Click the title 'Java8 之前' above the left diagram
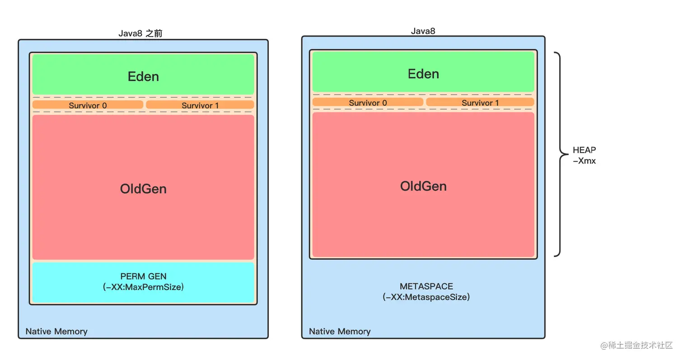point(140,33)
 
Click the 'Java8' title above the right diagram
point(423,31)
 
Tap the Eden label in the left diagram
point(143,76)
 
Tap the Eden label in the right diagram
point(424,74)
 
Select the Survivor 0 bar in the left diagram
point(88,105)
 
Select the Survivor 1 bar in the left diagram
point(200,105)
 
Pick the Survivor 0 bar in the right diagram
point(368,103)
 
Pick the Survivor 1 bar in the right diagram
point(480,103)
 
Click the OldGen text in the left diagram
point(143,189)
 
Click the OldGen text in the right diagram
point(424,186)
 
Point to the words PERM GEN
point(143,276)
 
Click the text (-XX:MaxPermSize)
point(143,287)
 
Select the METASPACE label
point(426,286)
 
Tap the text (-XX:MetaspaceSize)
point(426,297)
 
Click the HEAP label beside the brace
point(584,150)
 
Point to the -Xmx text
point(584,161)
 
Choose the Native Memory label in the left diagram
point(56,332)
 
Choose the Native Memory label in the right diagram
point(340,332)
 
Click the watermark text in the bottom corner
point(636,346)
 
